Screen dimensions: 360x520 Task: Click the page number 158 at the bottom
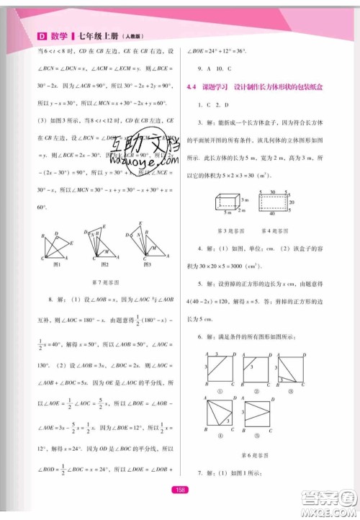click(x=181, y=490)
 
